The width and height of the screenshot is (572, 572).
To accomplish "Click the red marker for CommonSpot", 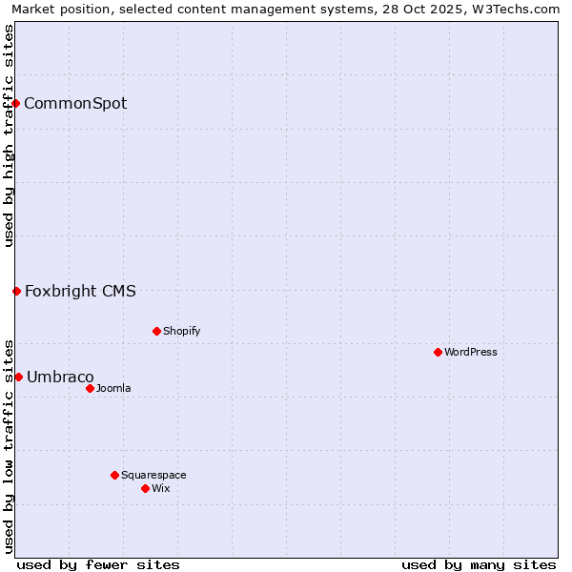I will coord(16,103).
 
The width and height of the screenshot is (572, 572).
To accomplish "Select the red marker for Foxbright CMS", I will coord(16,291).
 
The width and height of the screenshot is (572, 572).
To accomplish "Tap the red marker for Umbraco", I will coord(18,377).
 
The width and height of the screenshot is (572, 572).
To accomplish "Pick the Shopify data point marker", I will coord(156,331).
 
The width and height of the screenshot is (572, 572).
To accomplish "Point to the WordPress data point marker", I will coord(438,352).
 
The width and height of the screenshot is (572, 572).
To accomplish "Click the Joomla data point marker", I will coord(90,388).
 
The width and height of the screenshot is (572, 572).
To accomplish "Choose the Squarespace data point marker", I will coord(114,475).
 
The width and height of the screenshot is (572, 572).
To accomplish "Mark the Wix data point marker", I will coord(145,488).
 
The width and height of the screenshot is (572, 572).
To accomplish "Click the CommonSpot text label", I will coord(75,104).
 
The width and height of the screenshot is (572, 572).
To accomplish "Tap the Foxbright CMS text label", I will coord(80,292).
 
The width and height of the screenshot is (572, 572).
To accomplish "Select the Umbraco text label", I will coord(60,378).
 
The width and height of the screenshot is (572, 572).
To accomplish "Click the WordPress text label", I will coord(471,353).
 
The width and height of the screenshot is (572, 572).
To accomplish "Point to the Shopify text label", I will coord(181,332).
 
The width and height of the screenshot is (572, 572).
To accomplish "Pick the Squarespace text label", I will coord(153,476).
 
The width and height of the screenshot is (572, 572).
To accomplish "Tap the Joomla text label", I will coord(113,389).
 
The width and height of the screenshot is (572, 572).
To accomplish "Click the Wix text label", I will coord(160,489).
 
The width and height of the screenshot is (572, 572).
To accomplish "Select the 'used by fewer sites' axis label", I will coord(98,564).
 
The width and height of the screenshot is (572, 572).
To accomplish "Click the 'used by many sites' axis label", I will coord(479,564).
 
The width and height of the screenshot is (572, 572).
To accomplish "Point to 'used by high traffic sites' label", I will coord(9,135).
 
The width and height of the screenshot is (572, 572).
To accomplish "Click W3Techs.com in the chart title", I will coord(512,9).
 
